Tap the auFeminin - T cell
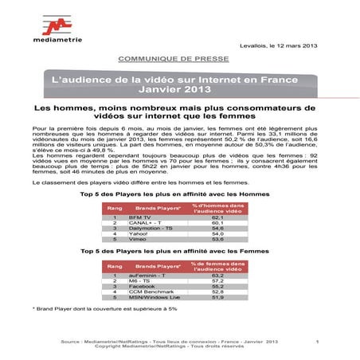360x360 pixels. click(x=166, y=274)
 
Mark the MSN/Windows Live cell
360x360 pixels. click(x=171, y=296)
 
